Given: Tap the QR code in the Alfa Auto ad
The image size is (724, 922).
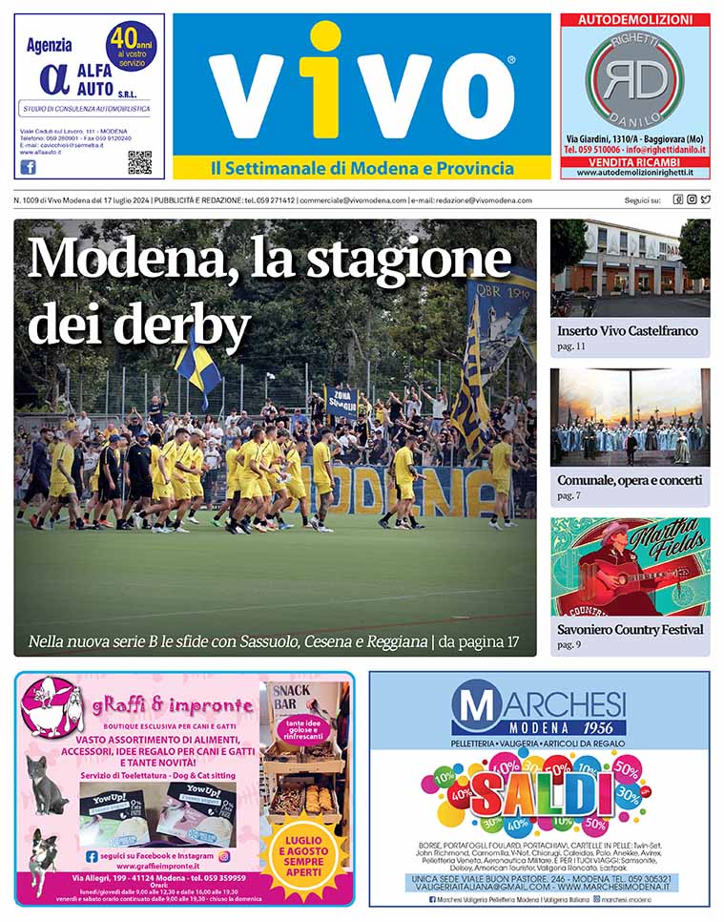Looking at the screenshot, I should tap(139, 162).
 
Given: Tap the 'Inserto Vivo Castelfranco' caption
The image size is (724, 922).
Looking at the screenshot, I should tap(628, 331).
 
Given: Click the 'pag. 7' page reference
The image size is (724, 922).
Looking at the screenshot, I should tap(570, 496).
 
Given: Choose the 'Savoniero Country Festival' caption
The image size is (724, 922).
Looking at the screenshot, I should tap(631, 630).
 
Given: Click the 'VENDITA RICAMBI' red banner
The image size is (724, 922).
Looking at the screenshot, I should tap(634, 162).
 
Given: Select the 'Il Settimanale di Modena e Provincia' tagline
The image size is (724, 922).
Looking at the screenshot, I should tap(362, 169).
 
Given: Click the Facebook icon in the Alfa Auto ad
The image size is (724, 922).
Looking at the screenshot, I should tap(28, 166).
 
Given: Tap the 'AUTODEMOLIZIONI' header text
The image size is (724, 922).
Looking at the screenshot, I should tap(634, 20).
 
